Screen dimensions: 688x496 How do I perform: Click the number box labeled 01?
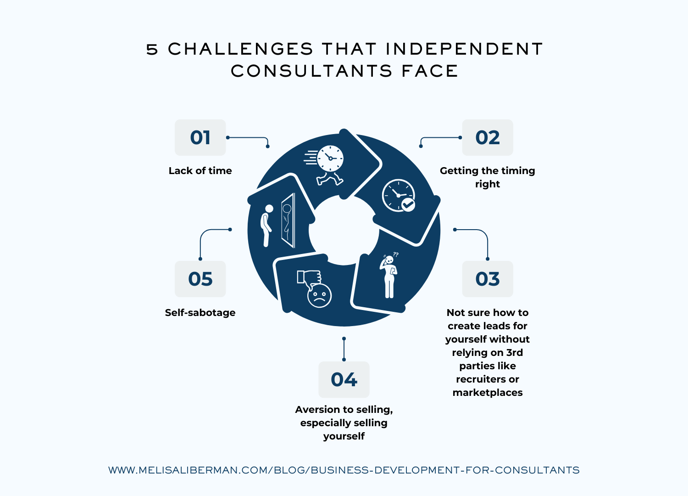[x=200, y=138]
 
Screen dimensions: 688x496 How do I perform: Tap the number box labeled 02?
[x=487, y=138]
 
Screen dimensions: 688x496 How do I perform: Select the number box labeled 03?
[x=487, y=279]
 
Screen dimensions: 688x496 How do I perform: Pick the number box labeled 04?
[x=344, y=379]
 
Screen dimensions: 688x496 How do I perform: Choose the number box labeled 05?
[x=200, y=279]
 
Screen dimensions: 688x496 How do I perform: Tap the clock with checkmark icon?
[x=399, y=196]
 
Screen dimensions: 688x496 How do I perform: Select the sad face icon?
[x=319, y=295]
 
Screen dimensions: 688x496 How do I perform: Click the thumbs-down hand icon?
[x=308, y=277]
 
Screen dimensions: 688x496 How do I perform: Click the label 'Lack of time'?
[x=200, y=171]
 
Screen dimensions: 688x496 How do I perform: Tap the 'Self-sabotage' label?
[x=200, y=313]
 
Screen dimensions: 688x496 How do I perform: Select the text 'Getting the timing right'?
[x=487, y=177]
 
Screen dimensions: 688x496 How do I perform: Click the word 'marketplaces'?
[x=487, y=393]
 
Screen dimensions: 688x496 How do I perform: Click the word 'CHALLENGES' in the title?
[x=240, y=49]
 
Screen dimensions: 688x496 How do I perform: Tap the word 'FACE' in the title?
[x=430, y=71]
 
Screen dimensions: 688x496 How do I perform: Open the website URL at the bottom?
[x=344, y=470]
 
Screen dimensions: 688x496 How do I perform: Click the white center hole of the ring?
[x=344, y=230]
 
